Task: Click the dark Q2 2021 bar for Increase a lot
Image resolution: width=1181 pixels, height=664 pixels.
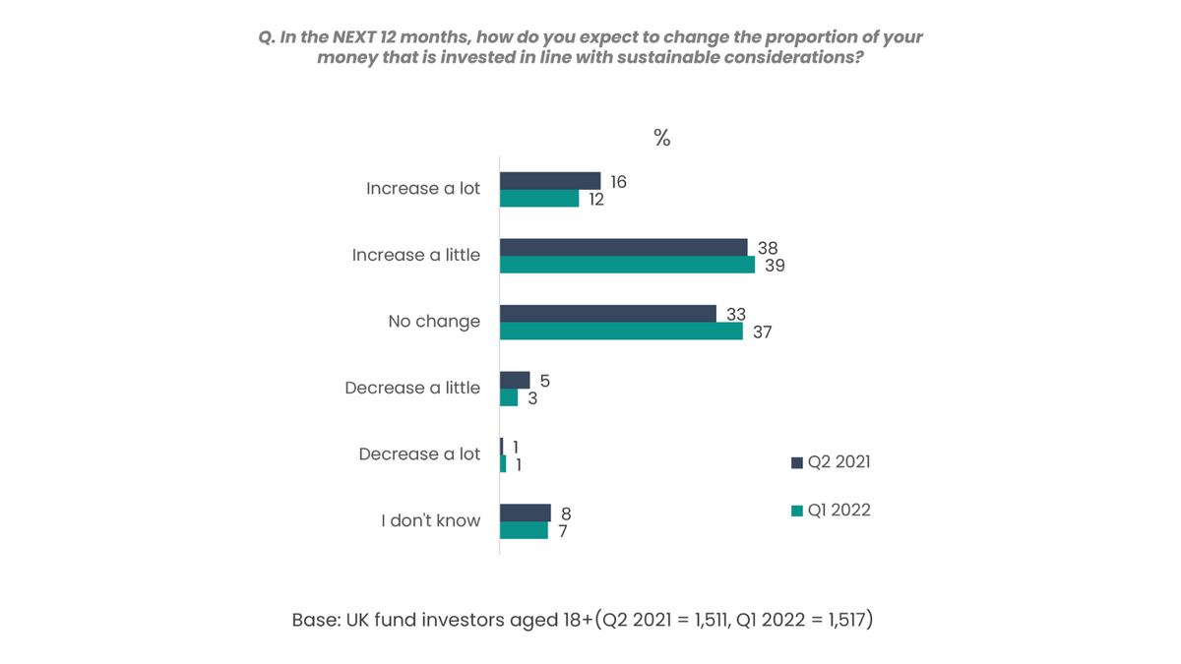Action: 550,181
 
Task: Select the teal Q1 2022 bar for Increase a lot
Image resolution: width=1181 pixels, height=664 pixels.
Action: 539,199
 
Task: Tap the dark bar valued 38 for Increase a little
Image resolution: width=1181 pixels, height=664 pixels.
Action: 624,247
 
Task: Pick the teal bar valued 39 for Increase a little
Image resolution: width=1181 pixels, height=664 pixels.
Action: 627,265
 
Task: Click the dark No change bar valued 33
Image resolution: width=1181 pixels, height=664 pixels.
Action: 608,314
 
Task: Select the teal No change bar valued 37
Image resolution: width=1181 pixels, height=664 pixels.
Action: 621,332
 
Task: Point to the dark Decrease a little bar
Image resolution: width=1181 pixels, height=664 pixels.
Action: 515,380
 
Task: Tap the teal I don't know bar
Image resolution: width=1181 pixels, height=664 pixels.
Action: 524,530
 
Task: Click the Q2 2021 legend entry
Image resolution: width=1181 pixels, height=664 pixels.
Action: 831,462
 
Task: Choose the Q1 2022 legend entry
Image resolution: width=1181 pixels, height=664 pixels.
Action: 831,511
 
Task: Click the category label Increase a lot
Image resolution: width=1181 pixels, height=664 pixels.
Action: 423,189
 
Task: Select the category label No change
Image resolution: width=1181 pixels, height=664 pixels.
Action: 434,322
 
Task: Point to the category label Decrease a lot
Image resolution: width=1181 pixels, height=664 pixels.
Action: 419,454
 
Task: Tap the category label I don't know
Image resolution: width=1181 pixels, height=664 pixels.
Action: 431,521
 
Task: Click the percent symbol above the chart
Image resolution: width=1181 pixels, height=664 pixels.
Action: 662,139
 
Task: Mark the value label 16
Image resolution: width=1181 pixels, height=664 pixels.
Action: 617,182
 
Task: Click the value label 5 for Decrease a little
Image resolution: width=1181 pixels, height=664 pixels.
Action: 544,381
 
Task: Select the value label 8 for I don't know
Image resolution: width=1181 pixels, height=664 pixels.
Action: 566,513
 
